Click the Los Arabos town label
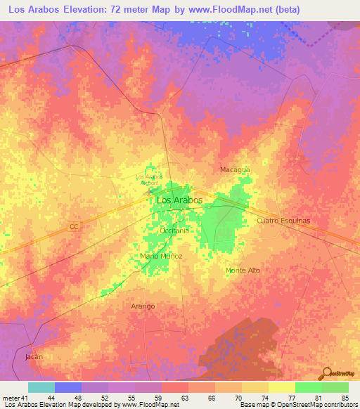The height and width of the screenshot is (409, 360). (x=179, y=200)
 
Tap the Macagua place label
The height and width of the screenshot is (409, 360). (x=235, y=170)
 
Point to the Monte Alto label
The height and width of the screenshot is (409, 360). (x=243, y=271)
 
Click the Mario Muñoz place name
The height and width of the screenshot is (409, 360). (x=161, y=257)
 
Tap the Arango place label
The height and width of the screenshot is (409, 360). (x=143, y=306)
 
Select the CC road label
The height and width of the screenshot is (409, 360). (x=74, y=227)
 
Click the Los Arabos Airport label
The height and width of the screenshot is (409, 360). (x=148, y=178)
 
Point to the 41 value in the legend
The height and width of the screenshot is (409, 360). (x=25, y=397)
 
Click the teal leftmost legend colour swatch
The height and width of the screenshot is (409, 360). (x=41, y=387)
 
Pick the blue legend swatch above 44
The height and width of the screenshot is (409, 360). (x=68, y=387)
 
